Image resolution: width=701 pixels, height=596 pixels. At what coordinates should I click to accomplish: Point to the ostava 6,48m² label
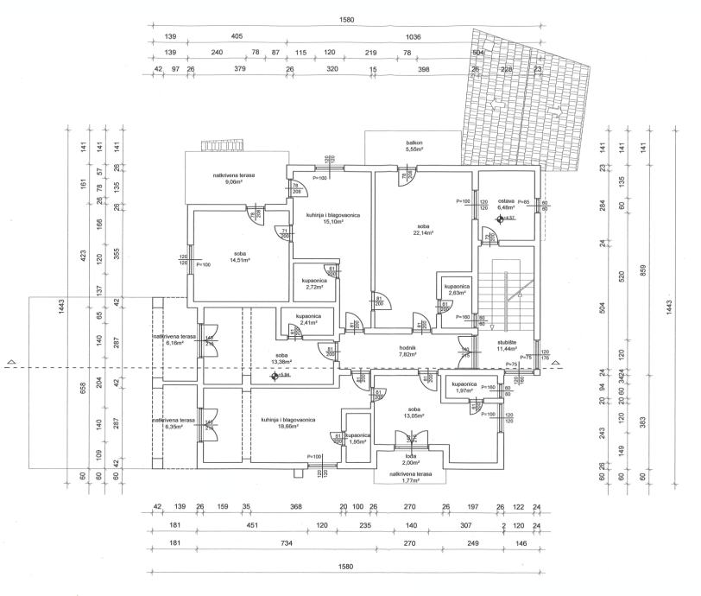click(x=506, y=204)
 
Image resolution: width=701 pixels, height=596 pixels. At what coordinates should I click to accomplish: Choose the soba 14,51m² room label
click(x=239, y=257)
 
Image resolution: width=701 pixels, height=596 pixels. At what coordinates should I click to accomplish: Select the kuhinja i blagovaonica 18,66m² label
click(x=287, y=423)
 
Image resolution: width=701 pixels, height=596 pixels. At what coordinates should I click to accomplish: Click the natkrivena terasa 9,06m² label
click(x=235, y=179)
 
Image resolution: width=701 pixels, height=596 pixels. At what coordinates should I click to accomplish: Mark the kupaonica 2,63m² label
click(x=457, y=289)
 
